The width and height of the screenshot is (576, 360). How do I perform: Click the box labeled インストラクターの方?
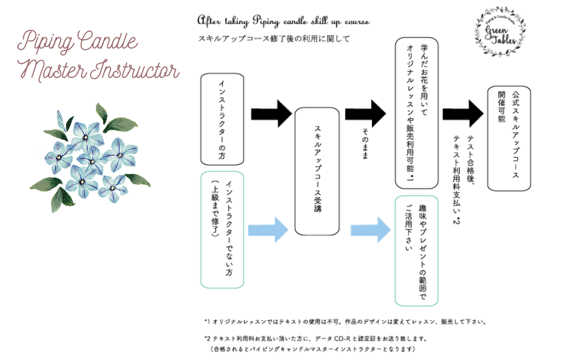click(222, 119)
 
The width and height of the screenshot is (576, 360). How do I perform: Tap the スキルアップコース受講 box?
click(318, 171)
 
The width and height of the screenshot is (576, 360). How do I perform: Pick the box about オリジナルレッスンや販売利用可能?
click(416, 113)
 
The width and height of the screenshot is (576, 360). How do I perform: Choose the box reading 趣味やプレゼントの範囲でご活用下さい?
click(416, 250)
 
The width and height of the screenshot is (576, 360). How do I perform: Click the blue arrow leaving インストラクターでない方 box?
click(268, 229)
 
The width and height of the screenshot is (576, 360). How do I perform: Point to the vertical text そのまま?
click(365, 145)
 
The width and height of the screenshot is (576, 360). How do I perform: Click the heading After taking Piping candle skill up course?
click(283, 22)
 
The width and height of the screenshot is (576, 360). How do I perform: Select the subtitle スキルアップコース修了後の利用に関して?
click(274, 38)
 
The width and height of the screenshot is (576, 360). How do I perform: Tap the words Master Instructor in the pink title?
click(100, 70)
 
